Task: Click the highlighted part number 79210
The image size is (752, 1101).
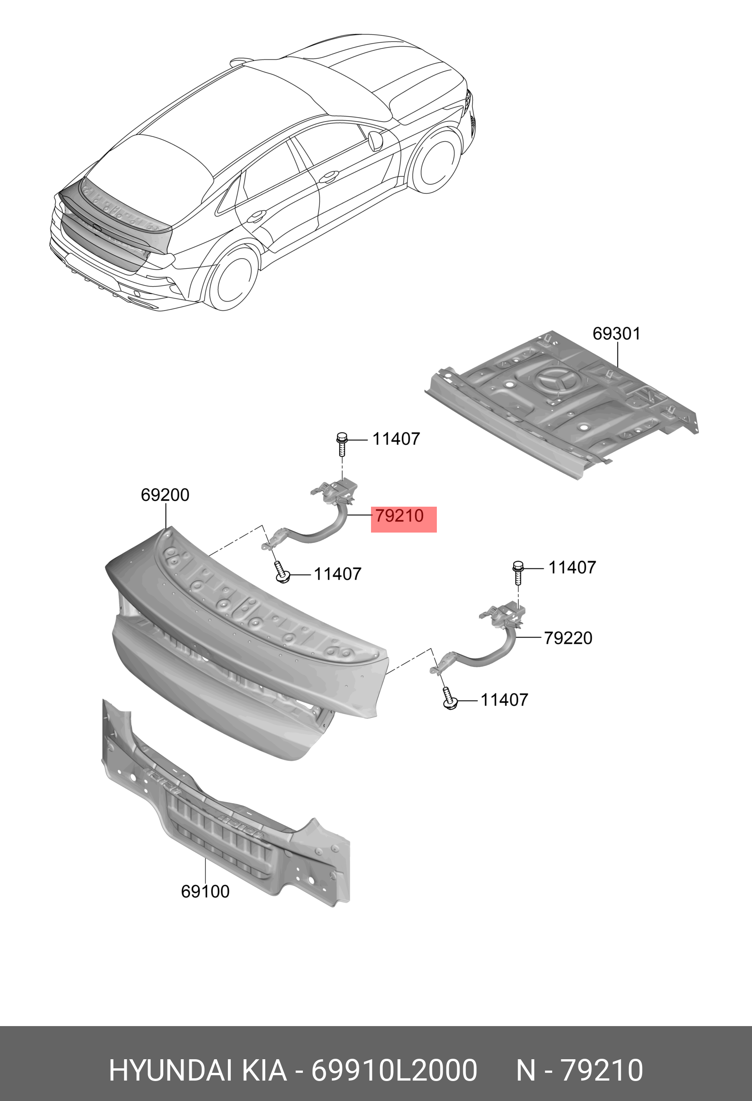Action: (400, 516)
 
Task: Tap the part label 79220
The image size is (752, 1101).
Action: (568, 638)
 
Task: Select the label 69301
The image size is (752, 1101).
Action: (616, 334)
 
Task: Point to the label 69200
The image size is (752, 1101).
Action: (165, 495)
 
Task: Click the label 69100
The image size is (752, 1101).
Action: (205, 891)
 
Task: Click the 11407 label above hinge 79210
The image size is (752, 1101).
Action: (396, 439)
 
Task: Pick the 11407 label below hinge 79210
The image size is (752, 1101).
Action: (337, 574)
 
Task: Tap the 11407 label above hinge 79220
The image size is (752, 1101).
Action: (572, 567)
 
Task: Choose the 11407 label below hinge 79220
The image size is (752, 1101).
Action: (504, 700)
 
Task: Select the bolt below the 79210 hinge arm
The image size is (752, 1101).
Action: (282, 572)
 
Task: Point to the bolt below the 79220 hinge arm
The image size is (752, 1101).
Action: (449, 699)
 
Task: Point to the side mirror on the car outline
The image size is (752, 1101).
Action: (375, 139)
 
